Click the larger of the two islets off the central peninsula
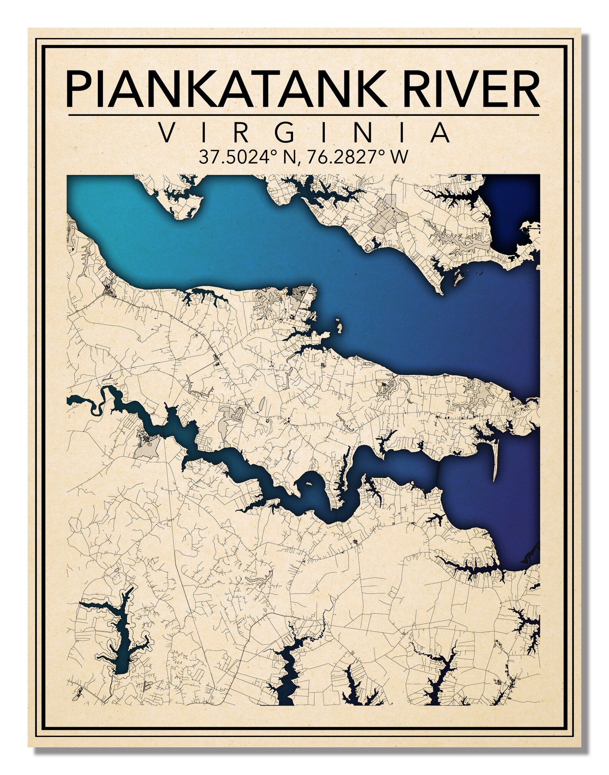coord(339,326)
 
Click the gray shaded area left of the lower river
coord(147,446)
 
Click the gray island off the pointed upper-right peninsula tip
coord(457,277)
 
